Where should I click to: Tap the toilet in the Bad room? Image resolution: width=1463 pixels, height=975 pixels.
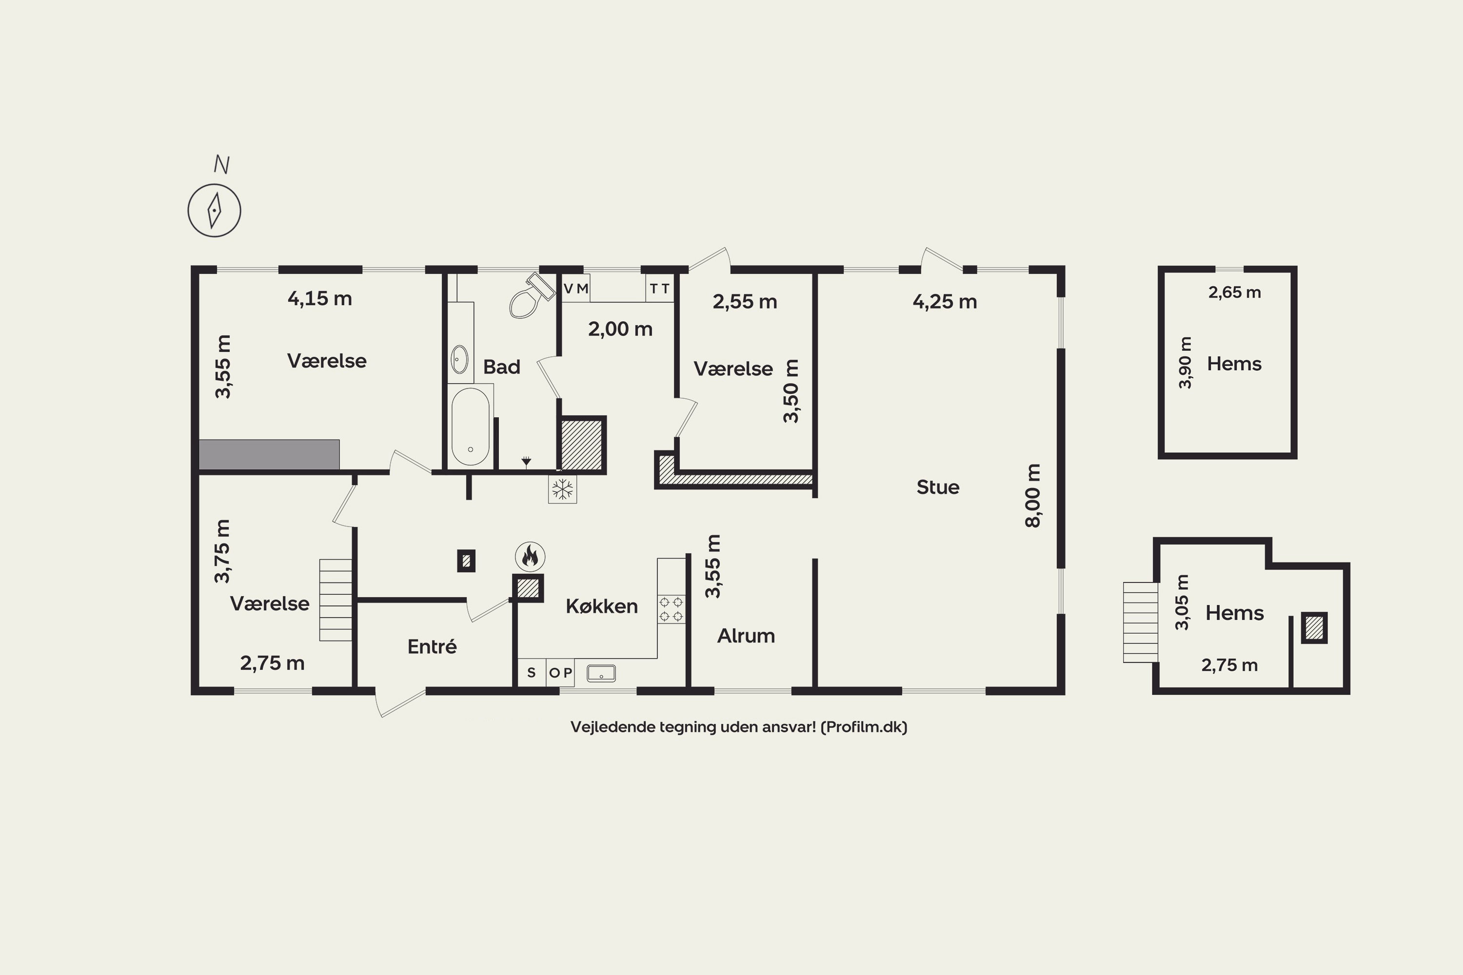pos(530,296)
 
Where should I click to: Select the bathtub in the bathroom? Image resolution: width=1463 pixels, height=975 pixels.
pos(470,427)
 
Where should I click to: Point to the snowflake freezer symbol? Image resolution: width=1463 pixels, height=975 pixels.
pos(562,489)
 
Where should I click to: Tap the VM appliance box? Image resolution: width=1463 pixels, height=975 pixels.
pos(575,289)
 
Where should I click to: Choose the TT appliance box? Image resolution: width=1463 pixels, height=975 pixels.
pos(660,289)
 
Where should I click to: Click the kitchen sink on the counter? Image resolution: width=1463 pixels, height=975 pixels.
pos(601,673)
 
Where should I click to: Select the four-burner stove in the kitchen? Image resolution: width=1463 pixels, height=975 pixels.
pos(671,609)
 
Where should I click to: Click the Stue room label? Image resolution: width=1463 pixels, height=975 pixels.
pos(937,487)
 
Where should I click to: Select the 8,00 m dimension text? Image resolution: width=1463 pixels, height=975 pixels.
pos(1032,496)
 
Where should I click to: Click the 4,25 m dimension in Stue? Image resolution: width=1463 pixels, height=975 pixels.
pos(945,302)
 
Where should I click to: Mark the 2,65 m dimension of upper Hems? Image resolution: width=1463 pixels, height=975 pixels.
pos(1235,292)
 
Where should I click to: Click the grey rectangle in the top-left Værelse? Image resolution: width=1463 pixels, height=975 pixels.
pos(269,454)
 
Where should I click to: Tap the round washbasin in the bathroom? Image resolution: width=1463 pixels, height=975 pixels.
pos(459,359)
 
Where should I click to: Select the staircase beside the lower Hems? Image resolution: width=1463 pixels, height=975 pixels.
pos(1140,622)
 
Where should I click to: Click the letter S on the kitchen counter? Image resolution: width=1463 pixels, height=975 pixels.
pos(531,672)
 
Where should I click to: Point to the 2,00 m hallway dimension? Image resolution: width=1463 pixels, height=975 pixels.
pos(620,329)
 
